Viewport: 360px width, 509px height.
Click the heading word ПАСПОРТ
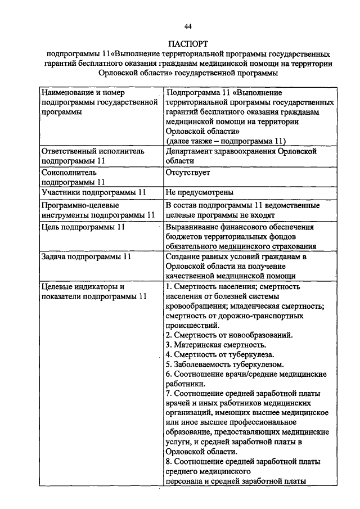(188, 43)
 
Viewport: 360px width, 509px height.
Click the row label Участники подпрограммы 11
(93, 192)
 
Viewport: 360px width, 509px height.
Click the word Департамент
(192, 151)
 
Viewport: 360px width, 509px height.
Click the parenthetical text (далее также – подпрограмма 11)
(226, 141)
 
